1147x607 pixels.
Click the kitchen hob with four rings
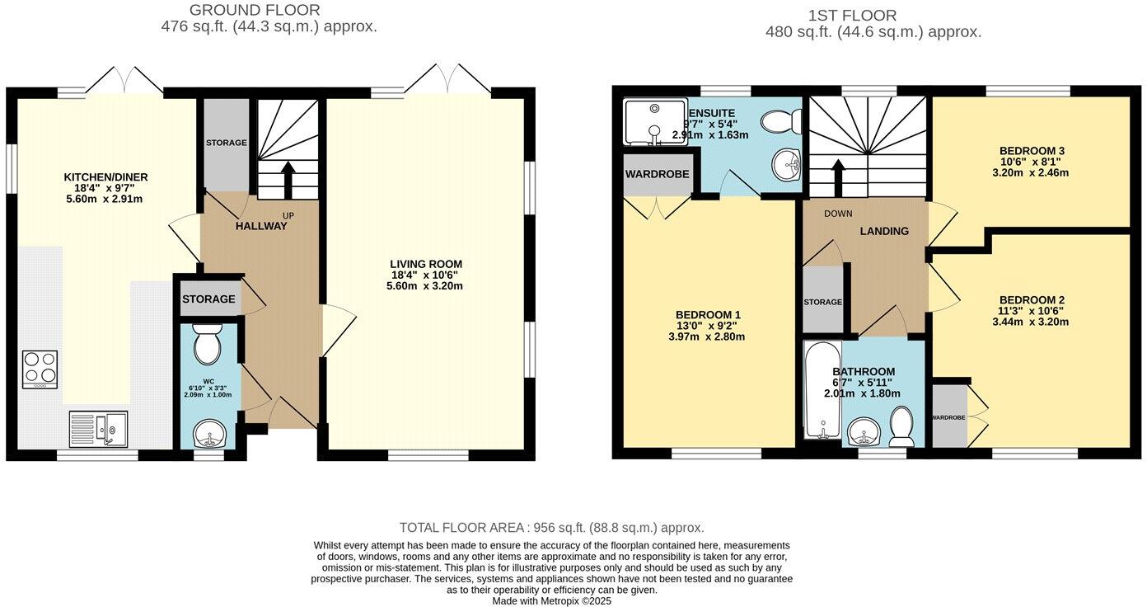[39, 369]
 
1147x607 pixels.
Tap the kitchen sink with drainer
[98, 428]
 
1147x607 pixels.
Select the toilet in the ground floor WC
[205, 346]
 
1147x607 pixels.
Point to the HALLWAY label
[261, 226]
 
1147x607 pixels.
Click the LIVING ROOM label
[425, 264]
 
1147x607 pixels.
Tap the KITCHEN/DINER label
[105, 177]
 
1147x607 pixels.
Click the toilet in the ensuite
[779, 123]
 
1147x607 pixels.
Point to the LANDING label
[884, 232]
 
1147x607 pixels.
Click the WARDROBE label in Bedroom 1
[657, 175]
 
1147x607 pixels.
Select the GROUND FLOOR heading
[255, 10]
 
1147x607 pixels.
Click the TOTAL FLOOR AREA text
[551, 528]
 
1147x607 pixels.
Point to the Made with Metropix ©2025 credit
[551, 601]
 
